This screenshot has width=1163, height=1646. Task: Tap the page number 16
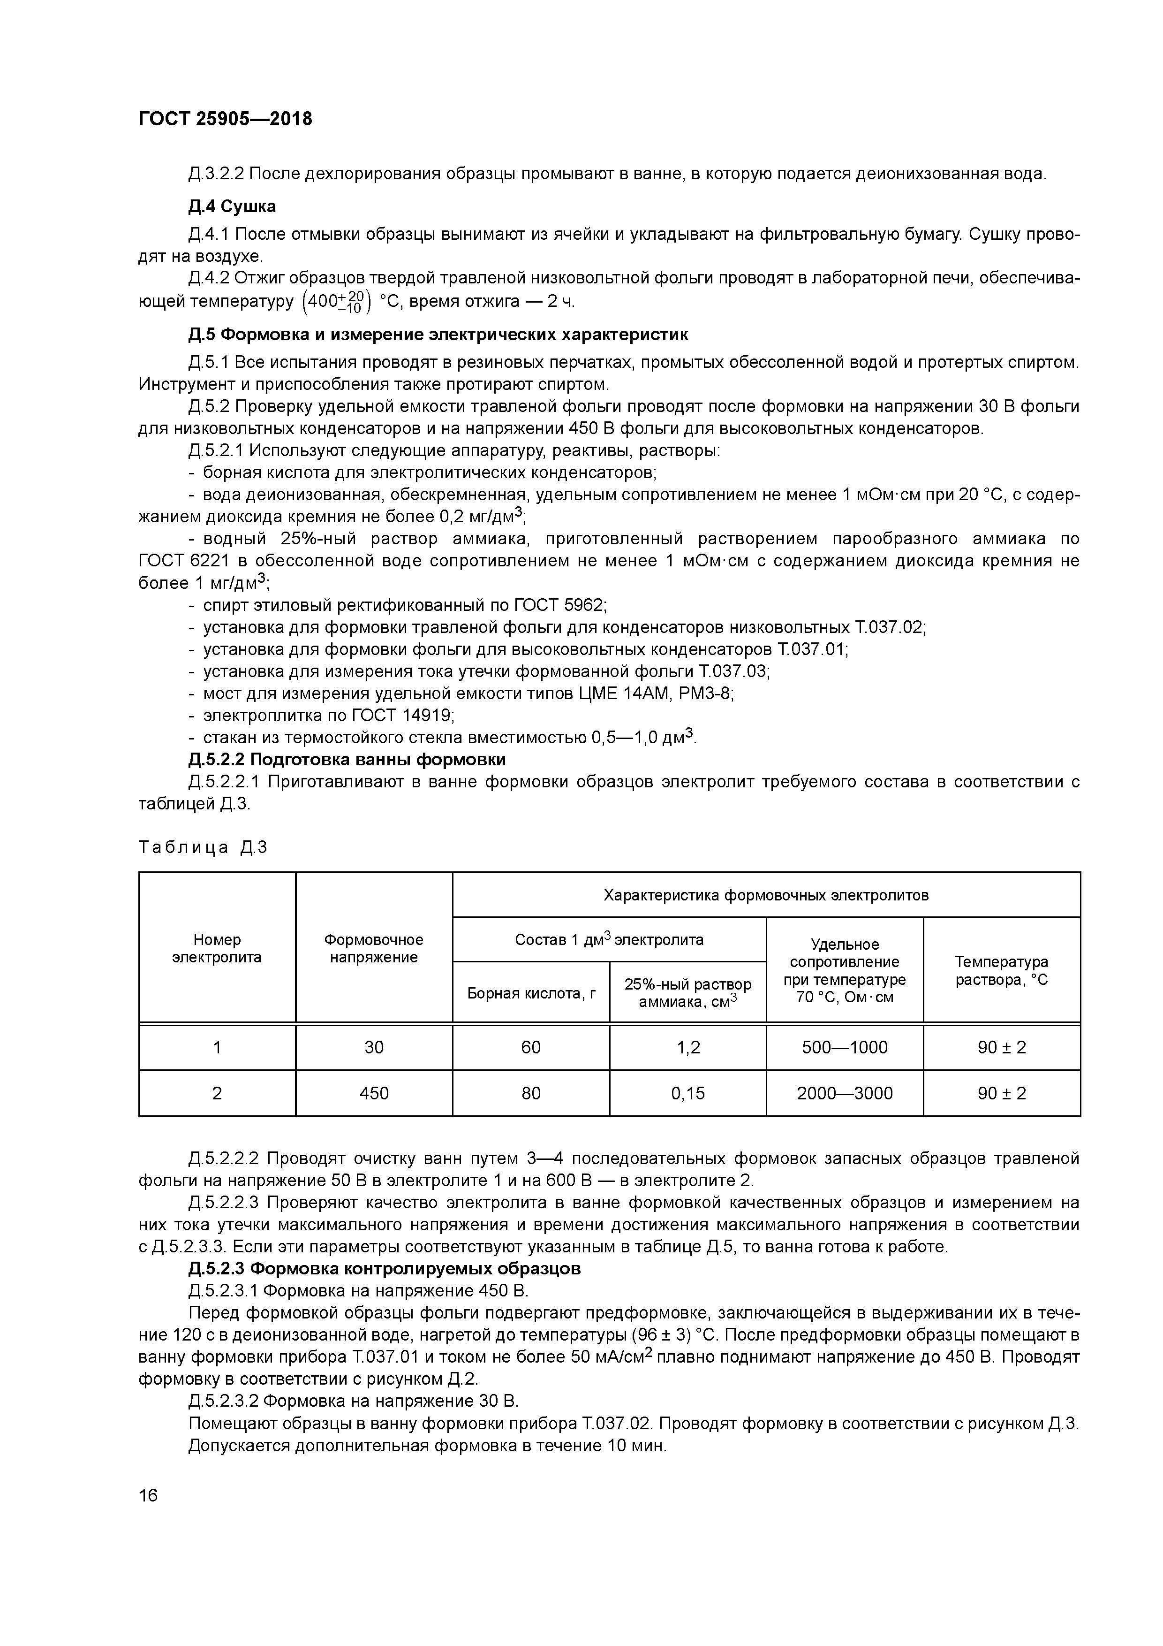[x=148, y=1495]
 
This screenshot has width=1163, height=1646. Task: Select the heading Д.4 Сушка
[x=232, y=206]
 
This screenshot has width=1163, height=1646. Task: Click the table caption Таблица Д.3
[x=203, y=847]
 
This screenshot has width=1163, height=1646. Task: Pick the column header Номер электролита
[x=217, y=948]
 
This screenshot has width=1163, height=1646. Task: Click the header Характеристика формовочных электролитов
[x=765, y=895]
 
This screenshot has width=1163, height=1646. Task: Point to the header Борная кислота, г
[x=531, y=993]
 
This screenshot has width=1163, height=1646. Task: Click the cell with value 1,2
[x=688, y=1047]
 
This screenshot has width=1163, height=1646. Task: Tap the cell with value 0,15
[x=688, y=1093]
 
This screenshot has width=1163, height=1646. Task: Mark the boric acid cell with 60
[x=531, y=1047]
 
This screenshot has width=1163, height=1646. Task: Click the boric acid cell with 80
[x=531, y=1093]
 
